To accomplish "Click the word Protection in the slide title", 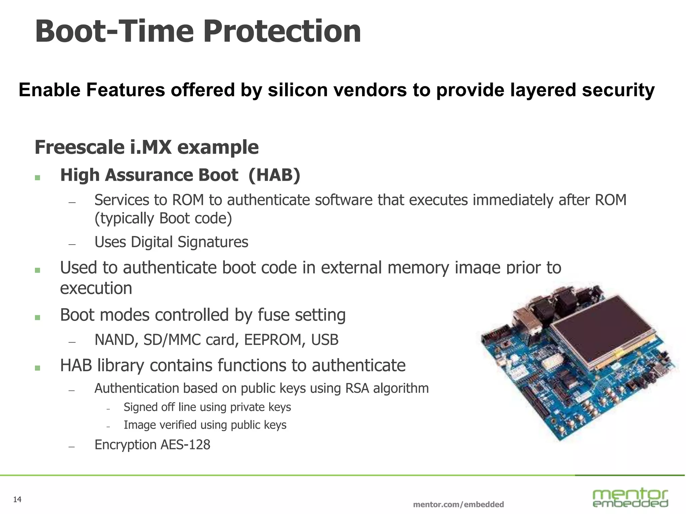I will [x=282, y=32].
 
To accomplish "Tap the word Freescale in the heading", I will [x=80, y=147].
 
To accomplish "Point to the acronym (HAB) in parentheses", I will [x=274, y=175].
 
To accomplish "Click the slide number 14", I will [x=17, y=500].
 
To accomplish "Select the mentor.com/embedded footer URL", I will [x=458, y=504].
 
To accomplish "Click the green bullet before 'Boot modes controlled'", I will [x=38, y=317].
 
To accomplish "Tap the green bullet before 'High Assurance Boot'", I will [x=38, y=177].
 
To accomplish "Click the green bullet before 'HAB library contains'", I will [x=38, y=368].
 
